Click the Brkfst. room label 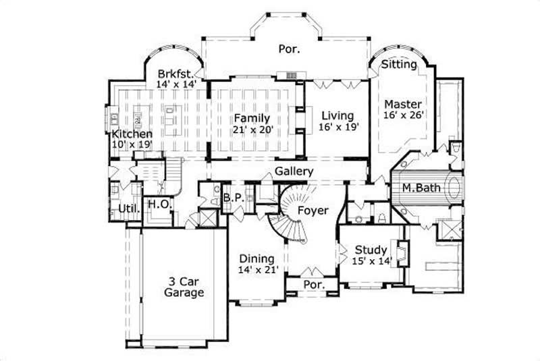click(176, 74)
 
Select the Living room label click(337, 115)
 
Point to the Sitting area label click(399, 65)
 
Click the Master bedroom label click(403, 105)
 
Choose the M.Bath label click(421, 187)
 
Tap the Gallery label click(294, 172)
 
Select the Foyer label click(313, 211)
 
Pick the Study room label click(371, 250)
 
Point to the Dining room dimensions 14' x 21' click(256, 270)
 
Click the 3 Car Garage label click(184, 287)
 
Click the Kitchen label click(132, 134)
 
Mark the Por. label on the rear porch click(289, 49)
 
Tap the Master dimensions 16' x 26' click(403, 116)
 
